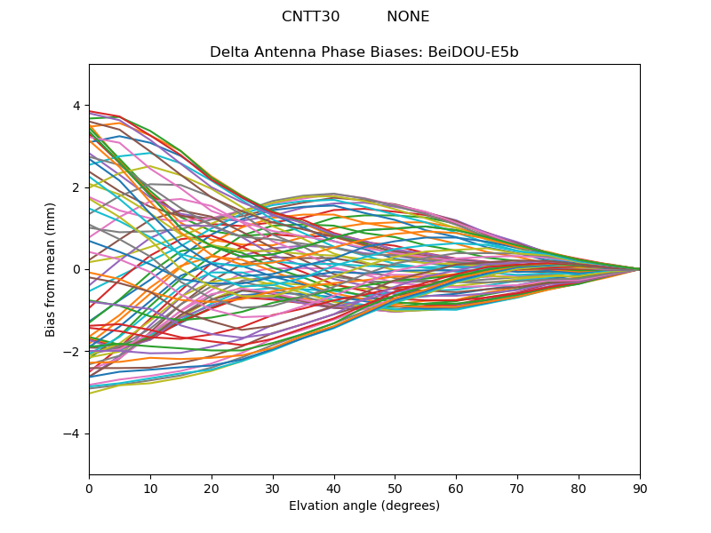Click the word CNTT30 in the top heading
[310, 17]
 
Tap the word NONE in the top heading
[408, 17]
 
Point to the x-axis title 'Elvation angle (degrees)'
[364, 506]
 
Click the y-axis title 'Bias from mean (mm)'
[51, 269]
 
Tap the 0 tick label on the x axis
[89, 488]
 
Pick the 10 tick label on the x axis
[150, 488]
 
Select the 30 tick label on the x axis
[273, 488]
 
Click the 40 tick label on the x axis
[334, 488]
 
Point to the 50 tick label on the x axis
[395, 488]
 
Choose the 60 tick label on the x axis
[456, 488]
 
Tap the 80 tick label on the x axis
[579, 488]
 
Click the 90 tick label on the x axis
[640, 488]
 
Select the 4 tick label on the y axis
[76, 106]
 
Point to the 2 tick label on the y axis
[76, 187]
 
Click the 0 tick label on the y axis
[76, 269]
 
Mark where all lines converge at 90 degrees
[639, 269]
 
